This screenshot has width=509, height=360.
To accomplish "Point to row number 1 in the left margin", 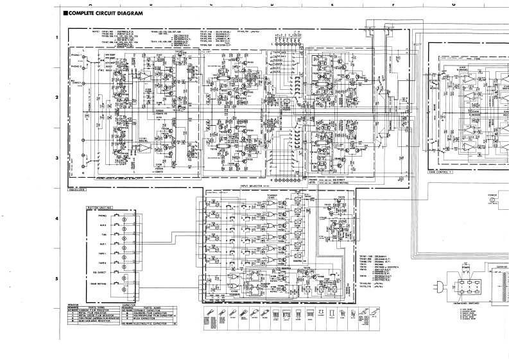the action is (57, 37).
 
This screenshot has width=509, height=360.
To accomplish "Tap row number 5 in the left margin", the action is (57, 279).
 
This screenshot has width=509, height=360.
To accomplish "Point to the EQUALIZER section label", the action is (77, 189).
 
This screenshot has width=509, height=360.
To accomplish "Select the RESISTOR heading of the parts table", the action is (74, 304).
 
